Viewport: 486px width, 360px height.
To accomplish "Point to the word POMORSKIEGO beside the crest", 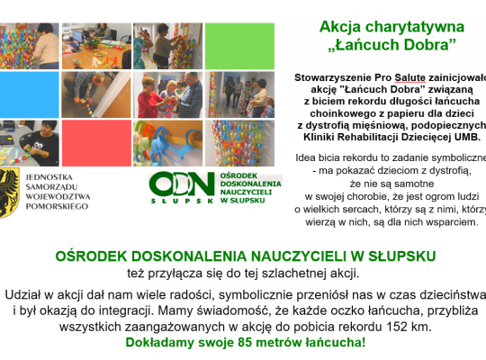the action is (x=58, y=206).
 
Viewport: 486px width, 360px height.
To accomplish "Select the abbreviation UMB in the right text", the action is (x=466, y=137).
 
